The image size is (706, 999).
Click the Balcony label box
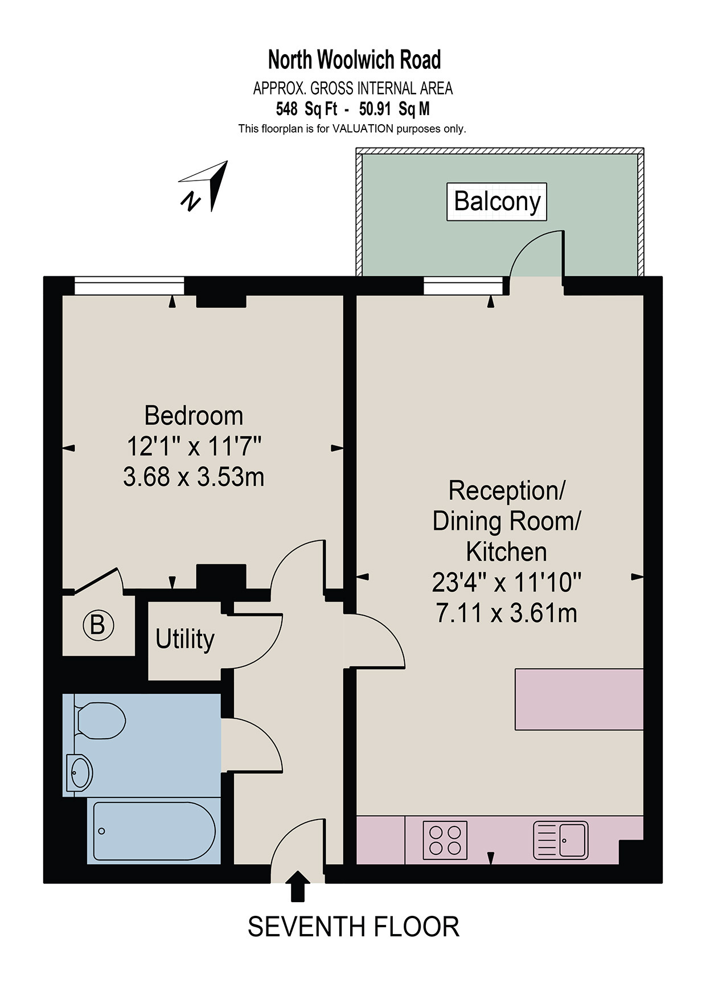[x=496, y=202]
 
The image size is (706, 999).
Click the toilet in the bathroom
[x=99, y=720]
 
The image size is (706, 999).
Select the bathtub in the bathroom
[x=154, y=831]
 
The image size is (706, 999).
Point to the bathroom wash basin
[x=79, y=773]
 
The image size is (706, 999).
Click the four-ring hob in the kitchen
[x=445, y=840]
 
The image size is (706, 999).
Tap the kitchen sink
[x=561, y=840]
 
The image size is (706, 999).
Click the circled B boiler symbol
[x=98, y=625]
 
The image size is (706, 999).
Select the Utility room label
[x=185, y=639]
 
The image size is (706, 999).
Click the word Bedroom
[x=194, y=415]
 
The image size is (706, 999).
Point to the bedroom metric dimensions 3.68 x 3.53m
[x=194, y=477]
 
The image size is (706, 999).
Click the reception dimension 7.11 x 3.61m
[x=506, y=613]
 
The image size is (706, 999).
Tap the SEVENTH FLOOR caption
[x=354, y=927]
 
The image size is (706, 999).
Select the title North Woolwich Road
[x=354, y=59]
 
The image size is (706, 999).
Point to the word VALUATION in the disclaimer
[x=363, y=129]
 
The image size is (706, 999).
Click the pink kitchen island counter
[x=579, y=699]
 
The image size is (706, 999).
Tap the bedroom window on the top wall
[x=129, y=286]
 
